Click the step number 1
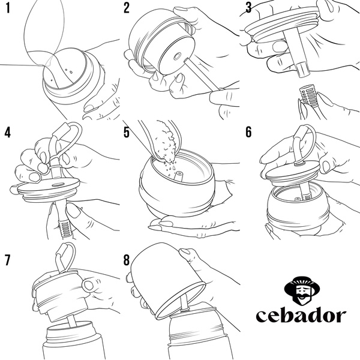[8, 8]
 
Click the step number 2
[127, 8]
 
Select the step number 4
[8, 132]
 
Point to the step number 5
[127, 132]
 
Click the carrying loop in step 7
[64, 255]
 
